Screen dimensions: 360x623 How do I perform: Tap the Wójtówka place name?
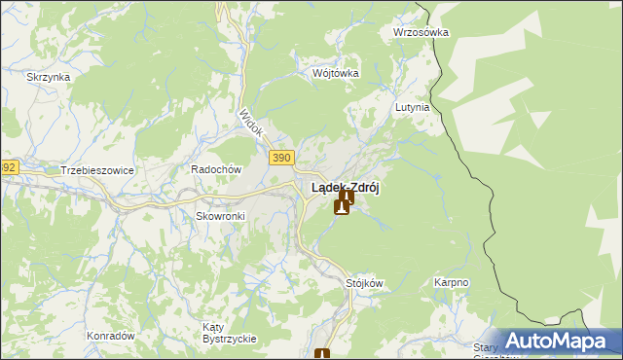tap(336, 73)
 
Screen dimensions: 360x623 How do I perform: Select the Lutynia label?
tap(412, 108)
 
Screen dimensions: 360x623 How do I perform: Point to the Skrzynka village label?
tap(46, 77)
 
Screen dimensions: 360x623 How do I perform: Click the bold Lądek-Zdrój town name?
tap(345, 188)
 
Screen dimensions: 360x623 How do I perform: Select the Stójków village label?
tap(365, 283)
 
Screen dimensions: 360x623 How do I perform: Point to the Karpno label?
tap(451, 283)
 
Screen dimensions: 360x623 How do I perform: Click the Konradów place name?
tap(110, 335)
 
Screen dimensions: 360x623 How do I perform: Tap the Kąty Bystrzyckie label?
tap(229, 332)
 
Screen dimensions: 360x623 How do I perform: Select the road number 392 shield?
tap(8, 167)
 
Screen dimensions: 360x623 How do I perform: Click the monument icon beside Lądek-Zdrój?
tap(343, 203)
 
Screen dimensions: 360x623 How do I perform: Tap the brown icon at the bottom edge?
tap(322, 354)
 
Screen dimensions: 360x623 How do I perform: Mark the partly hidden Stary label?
tap(486, 347)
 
